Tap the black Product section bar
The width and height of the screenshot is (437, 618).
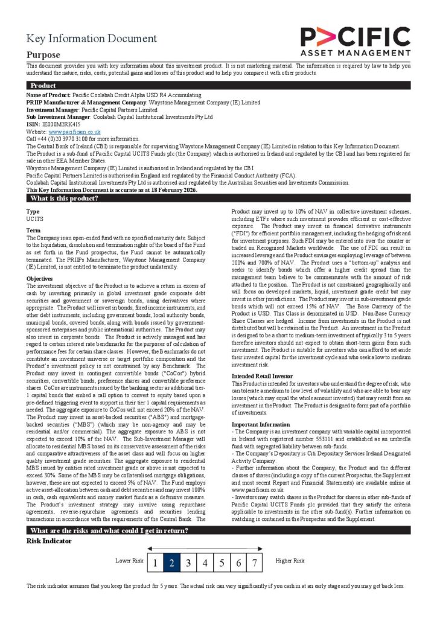218,86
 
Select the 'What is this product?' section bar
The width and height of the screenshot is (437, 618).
218,198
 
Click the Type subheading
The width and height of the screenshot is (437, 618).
33,212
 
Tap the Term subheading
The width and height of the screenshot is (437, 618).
33,231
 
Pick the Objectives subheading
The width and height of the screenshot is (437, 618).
40,279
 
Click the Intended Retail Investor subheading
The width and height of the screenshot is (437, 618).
263,376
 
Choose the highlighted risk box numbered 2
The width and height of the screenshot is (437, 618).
171,564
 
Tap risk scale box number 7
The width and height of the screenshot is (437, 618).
255,564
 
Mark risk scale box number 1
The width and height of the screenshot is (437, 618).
155,564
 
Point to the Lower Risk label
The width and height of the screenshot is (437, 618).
129,561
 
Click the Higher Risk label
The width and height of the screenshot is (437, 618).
290,561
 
